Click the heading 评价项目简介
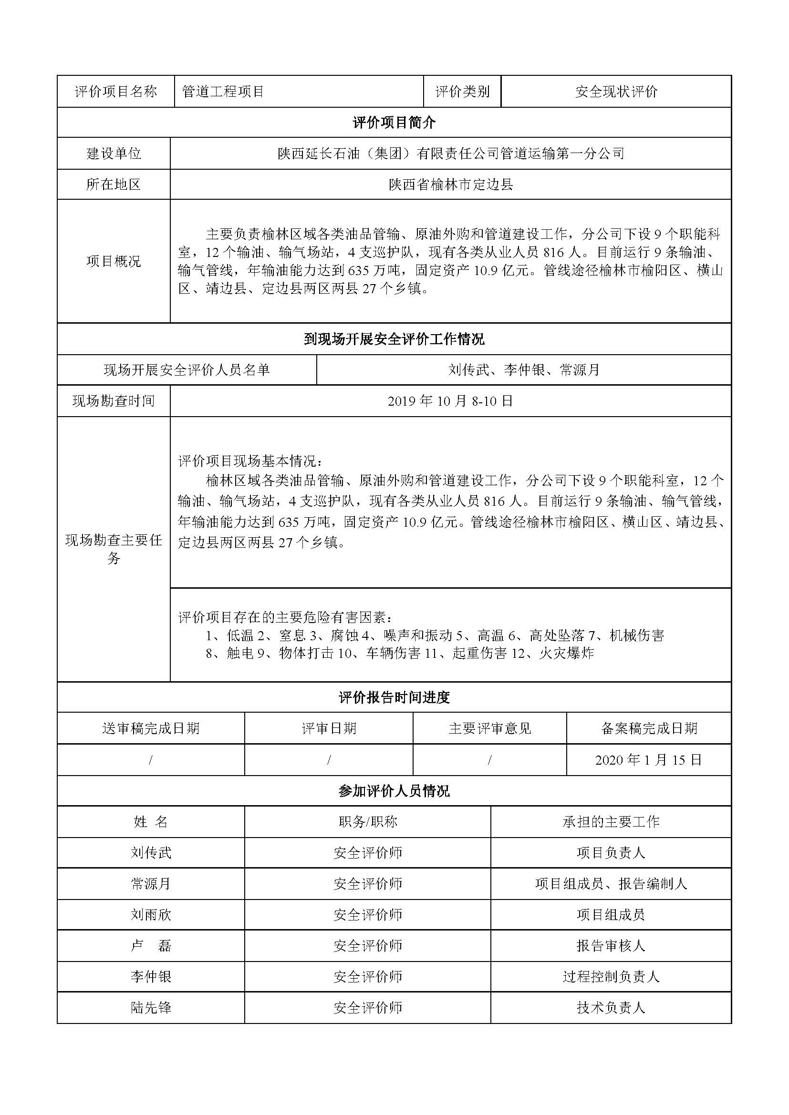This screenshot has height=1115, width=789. pos(394,123)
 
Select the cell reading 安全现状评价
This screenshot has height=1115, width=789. pos(616,92)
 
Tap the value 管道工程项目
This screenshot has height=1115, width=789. pos(223,92)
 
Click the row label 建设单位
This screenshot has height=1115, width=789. pos(114,153)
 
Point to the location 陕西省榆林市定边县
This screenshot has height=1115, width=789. pos(451,184)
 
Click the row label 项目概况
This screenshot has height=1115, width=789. pos(114,261)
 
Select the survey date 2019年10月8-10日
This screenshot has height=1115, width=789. pos(451,401)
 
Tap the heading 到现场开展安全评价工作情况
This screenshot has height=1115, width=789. pos(394,339)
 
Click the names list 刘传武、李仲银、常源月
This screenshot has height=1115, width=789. pos(524,370)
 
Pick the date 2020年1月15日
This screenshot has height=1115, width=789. pos(649,760)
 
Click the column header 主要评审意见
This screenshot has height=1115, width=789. pos(490,728)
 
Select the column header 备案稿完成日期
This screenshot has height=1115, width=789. pos(649,728)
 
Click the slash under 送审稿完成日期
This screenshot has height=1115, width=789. pos(151,760)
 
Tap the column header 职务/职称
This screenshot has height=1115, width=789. pos(368,822)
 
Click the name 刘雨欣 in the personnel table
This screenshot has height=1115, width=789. pos(151,915)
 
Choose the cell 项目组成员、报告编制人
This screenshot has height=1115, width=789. pos(611,884)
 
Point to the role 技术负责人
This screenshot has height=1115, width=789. pos(611,1008)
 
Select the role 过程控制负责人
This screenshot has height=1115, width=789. pos(611,977)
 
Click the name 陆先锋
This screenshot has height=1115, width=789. pos(151,1008)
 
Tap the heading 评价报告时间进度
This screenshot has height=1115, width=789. pos(394,697)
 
